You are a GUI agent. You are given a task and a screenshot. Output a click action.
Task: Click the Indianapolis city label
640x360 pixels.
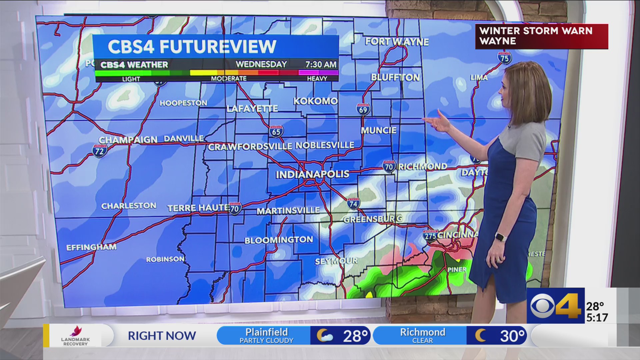[x=312, y=174]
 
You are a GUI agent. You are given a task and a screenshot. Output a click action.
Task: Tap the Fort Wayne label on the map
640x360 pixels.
[x=397, y=42]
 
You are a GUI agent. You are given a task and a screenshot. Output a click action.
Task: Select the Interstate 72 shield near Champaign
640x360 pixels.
[x=100, y=151]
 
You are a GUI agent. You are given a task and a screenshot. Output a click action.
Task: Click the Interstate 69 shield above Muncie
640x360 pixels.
[x=363, y=109]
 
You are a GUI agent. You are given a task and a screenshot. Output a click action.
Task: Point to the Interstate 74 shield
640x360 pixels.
[x=353, y=203]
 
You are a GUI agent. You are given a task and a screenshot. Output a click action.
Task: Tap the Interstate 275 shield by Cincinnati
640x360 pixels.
[x=430, y=235]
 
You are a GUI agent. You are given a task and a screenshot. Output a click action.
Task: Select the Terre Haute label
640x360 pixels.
[x=198, y=208]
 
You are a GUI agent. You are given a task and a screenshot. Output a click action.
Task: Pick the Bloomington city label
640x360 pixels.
[x=279, y=240]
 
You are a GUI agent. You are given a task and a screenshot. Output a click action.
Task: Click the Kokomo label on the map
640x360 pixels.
[x=315, y=101]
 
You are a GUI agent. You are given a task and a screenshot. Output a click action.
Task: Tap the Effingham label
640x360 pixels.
[x=91, y=247]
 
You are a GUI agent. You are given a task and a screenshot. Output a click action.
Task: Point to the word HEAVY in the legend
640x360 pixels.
[x=317, y=78]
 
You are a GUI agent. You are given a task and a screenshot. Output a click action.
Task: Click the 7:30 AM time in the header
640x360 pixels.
[x=321, y=64]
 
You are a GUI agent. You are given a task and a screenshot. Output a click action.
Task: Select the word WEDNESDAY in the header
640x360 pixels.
[x=261, y=64]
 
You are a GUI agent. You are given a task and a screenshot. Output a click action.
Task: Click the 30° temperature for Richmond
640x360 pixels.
[x=512, y=336]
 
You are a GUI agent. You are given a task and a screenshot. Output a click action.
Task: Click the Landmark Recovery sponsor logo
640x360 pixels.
[x=75, y=335]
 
